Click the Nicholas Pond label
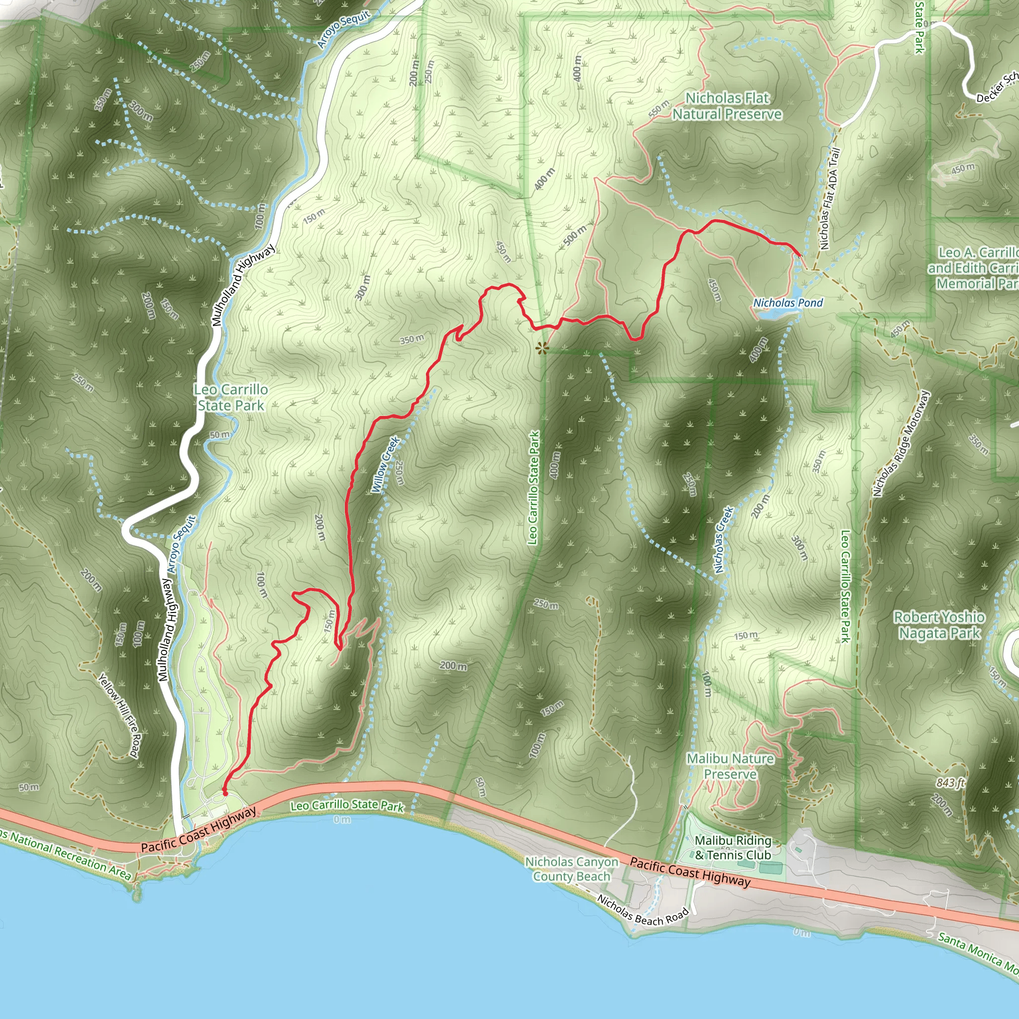[788, 303]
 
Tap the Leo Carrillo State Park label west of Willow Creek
[230, 397]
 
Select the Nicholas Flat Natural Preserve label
[727, 106]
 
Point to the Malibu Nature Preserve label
[730, 766]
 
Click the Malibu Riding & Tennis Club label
[732, 847]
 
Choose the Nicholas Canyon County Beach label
[572, 869]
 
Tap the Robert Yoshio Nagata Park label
[939, 625]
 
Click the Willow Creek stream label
[386, 465]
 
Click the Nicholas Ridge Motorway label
[901, 443]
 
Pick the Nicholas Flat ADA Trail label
[828, 199]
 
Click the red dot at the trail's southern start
[225, 793]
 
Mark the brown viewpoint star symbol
[542, 348]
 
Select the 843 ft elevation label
[950, 783]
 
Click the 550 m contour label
[658, 108]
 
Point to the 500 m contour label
[575, 236]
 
